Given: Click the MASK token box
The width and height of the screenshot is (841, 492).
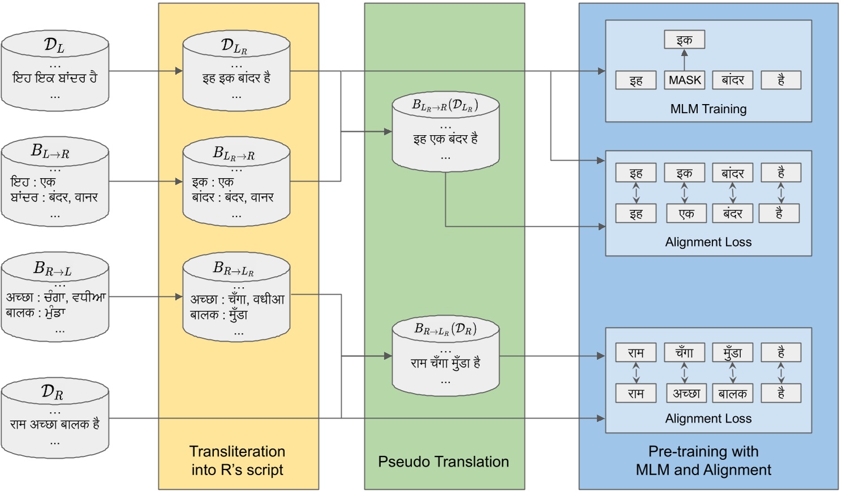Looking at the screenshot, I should coord(684,80).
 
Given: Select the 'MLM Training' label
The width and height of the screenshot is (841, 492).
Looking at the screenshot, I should coord(708,109).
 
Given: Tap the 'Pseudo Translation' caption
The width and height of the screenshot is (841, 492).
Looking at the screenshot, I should coord(443,461).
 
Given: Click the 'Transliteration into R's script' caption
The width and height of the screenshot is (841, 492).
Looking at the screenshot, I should coord(237,460).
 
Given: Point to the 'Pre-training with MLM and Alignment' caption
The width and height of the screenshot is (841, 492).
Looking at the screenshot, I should coord(703,460).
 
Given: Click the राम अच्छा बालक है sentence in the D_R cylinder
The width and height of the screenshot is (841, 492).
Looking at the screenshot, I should coord(54,424).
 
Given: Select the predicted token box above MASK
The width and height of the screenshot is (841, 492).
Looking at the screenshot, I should coord(684,40).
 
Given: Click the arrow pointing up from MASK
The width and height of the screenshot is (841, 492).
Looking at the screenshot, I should coord(684,60).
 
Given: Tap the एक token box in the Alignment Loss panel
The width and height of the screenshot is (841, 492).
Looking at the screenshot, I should coord(684,214).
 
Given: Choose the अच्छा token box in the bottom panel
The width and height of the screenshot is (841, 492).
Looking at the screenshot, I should coord(685,394).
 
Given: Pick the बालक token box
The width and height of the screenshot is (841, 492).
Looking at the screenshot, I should coord(732,394).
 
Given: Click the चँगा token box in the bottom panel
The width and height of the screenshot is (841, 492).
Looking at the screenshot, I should coord(684,353).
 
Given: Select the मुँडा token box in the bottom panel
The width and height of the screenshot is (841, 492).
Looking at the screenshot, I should coord(732,353).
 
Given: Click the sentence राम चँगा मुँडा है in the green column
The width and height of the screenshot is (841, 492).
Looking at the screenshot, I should coord(445,363).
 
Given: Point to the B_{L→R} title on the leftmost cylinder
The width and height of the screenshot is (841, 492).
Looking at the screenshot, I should coord(50,152).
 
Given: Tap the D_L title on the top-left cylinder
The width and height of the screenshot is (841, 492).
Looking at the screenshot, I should coord(54,45).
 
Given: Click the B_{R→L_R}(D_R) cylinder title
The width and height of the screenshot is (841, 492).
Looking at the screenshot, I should coord(445,329).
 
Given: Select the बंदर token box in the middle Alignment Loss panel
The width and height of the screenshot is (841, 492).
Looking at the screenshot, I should coord(732,214).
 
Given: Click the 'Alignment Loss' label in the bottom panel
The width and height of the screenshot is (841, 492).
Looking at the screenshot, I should coord(708,418).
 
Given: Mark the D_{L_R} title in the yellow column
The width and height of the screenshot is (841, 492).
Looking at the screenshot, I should coord(234,46).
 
